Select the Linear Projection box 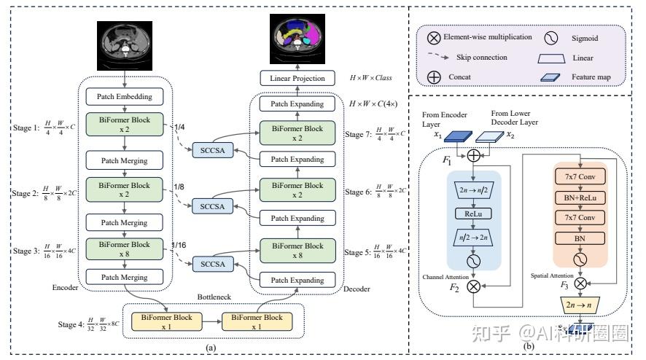295,78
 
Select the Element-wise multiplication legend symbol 435,36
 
